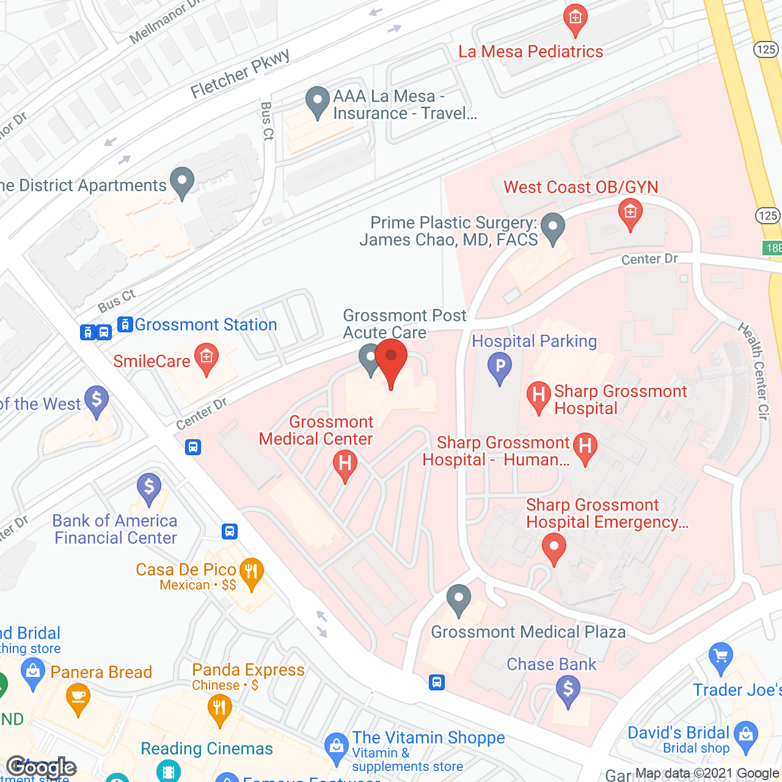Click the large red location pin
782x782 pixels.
(x=391, y=357)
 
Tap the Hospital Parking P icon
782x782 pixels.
(x=500, y=367)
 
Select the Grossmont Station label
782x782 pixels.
(x=205, y=324)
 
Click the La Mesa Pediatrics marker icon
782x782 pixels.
(x=575, y=18)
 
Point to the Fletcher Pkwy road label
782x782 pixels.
(x=239, y=74)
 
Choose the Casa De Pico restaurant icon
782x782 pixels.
(x=251, y=572)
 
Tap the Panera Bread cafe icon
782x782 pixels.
(x=78, y=696)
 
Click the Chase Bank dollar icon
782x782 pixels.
(x=568, y=690)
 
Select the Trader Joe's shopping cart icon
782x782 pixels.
(x=721, y=656)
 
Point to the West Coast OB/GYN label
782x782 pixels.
(x=580, y=187)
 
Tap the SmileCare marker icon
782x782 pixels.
(x=206, y=357)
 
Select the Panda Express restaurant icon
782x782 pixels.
(x=219, y=709)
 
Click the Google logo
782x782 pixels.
(x=42, y=767)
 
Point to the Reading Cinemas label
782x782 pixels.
(x=206, y=748)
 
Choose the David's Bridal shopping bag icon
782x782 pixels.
(x=746, y=735)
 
